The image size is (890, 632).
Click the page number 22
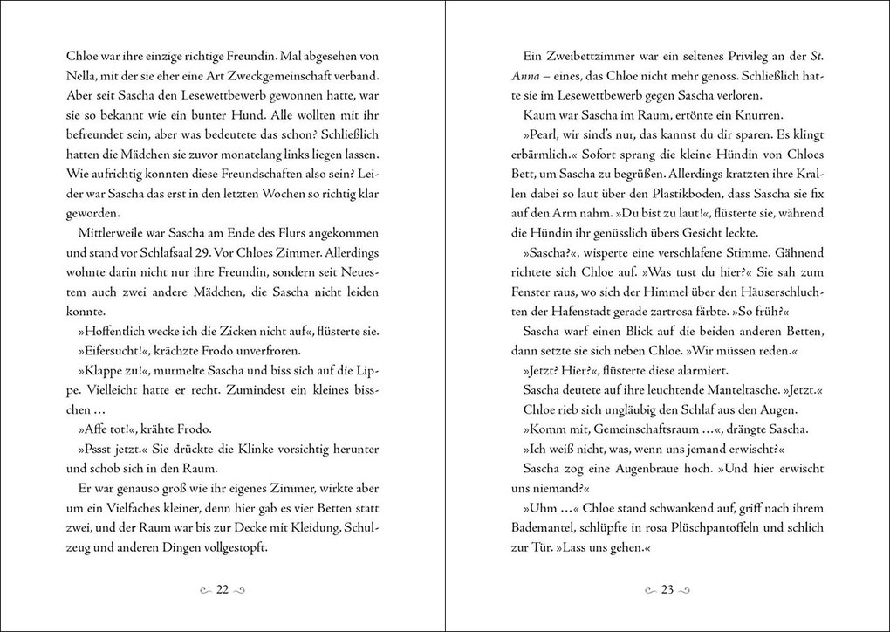(x=222, y=590)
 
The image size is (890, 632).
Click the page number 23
(x=667, y=590)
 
